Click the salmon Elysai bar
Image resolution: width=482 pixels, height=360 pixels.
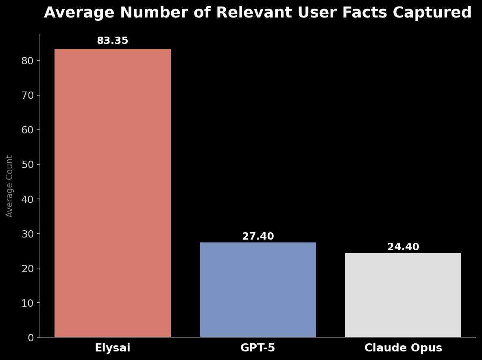point(113,193)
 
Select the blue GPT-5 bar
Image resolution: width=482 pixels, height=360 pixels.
point(258,290)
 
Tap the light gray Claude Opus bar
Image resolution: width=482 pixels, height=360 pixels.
point(403,295)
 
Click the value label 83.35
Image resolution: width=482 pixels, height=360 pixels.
point(113,41)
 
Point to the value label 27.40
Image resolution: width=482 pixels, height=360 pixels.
point(258,237)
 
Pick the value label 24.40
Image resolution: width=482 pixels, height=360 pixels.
point(403,247)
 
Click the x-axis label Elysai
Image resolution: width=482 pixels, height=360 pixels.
point(113,348)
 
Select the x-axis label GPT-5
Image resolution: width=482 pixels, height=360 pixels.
point(258,348)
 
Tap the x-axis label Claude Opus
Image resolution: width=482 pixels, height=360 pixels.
point(403,348)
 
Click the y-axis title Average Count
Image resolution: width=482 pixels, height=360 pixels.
point(10,186)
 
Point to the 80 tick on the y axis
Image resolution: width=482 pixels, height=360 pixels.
point(28,61)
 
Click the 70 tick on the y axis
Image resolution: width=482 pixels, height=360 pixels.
point(28,95)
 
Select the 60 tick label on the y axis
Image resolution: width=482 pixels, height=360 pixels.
point(28,130)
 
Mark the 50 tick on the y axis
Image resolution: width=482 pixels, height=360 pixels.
point(28,164)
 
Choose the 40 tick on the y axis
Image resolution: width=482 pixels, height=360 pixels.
point(28,199)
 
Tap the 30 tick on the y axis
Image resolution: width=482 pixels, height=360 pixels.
point(28,233)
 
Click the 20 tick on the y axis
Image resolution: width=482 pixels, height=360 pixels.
point(28,268)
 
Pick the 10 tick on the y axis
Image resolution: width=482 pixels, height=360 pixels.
point(28,303)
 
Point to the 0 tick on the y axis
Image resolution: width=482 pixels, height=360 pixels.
point(31,338)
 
